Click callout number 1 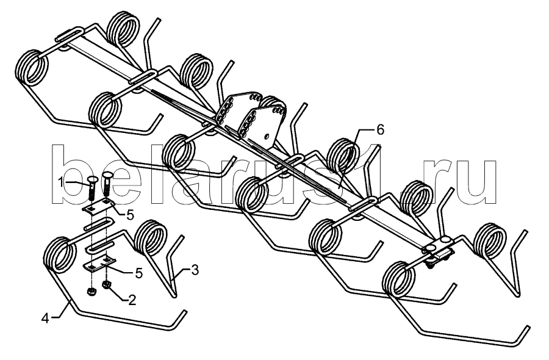[61, 183]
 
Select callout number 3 [195, 270]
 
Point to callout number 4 [45, 319]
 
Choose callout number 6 [380, 130]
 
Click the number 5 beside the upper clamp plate [129, 215]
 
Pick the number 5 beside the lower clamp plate [138, 273]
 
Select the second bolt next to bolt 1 [107, 184]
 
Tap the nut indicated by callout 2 [106, 284]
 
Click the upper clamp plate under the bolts [98, 207]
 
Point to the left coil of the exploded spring [60, 254]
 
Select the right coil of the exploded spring [149, 237]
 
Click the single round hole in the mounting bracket [268, 136]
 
